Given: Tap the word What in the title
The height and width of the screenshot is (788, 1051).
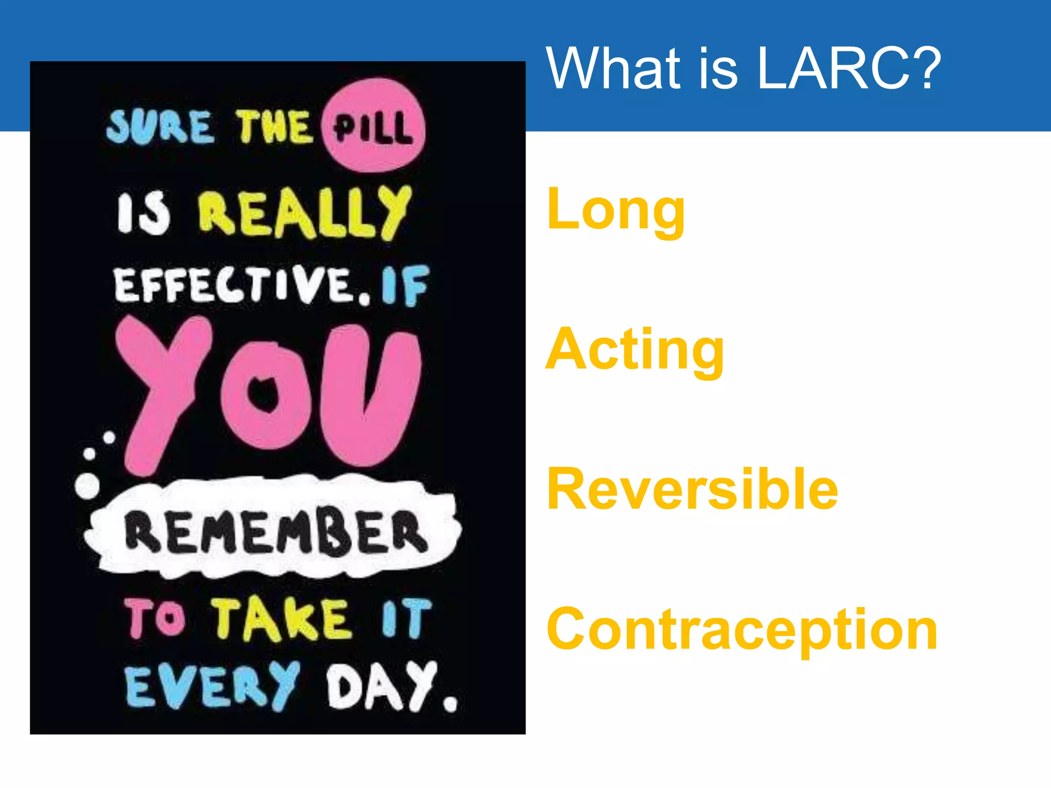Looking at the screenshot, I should coord(613,68).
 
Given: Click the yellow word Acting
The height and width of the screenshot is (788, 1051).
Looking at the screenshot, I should coord(634,350).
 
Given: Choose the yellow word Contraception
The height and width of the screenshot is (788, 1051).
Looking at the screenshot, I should coord(742,630).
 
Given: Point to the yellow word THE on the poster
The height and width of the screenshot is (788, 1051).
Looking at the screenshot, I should coord(273,127).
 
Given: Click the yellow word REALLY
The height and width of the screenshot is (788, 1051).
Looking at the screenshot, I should coord(305,213).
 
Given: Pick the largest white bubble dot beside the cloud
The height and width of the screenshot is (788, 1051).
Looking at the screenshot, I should coord(87,485).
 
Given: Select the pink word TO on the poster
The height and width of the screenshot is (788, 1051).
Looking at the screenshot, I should coord(154,618).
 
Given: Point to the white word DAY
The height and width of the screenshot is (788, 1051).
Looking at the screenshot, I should coord(382,686).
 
